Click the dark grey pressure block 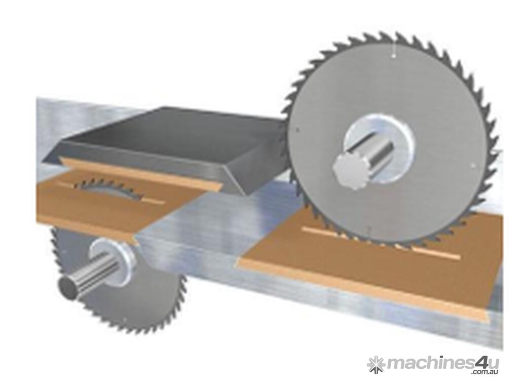166,139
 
